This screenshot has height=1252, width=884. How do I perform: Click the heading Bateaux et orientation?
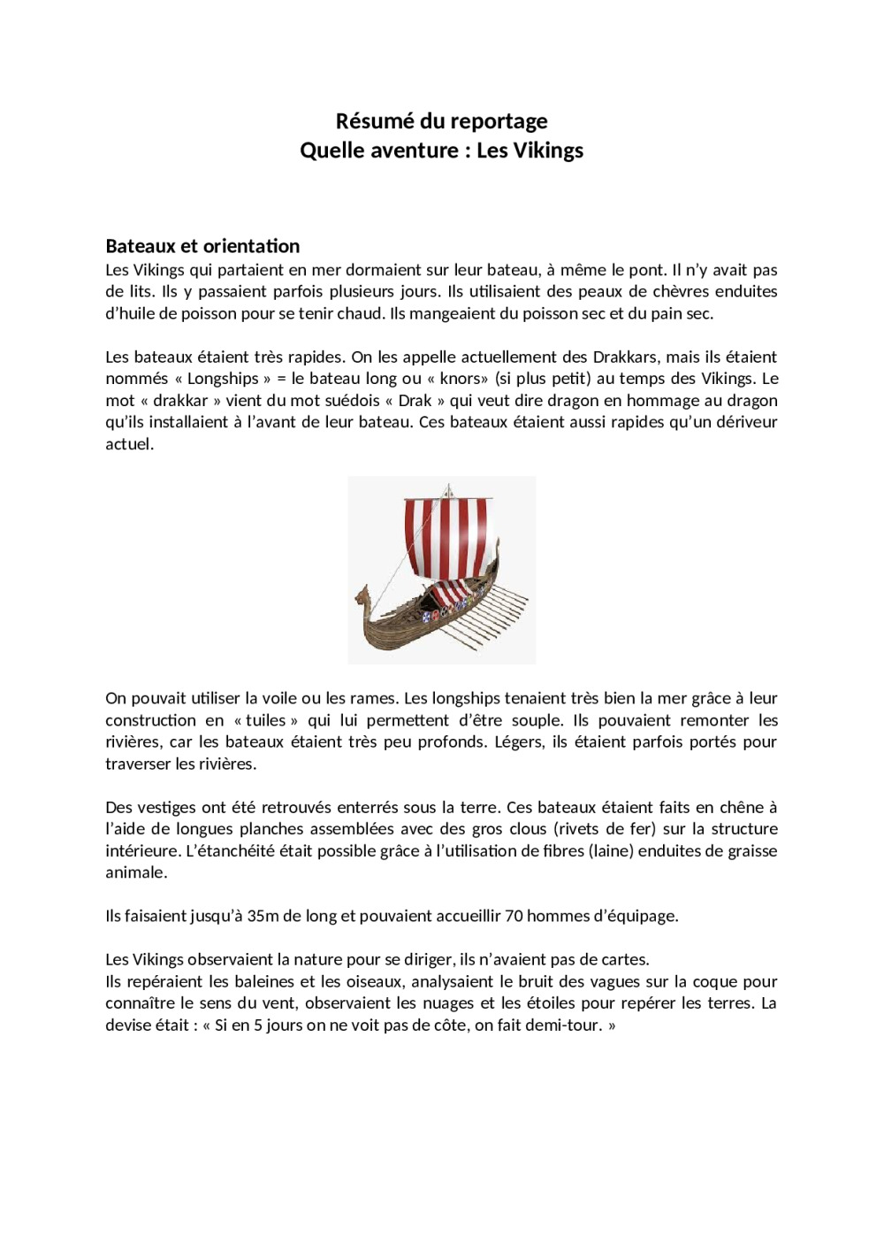pyautogui.click(x=202, y=246)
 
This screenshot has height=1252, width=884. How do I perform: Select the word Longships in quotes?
pyautogui.click(x=223, y=379)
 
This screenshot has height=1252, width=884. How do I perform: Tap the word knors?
pyautogui.click(x=460, y=379)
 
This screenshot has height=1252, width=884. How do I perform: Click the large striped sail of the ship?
pyautogui.click(x=446, y=540)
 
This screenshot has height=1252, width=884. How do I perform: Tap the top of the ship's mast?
pyautogui.click(x=448, y=486)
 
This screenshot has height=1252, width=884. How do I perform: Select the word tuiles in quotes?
pyautogui.click(x=266, y=720)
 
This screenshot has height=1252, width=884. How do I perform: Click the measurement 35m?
pyautogui.click(x=263, y=916)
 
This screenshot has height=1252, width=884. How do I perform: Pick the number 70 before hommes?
pyautogui.click(x=514, y=916)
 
